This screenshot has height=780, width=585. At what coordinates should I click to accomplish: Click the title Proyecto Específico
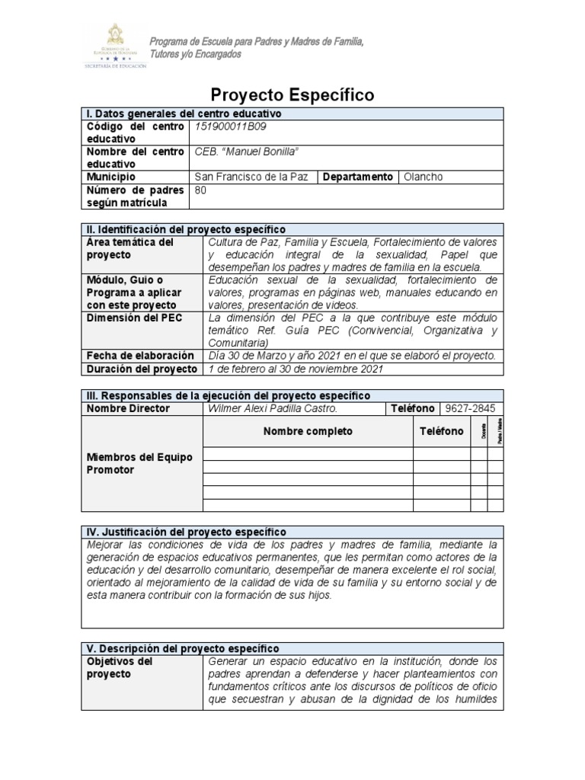[x=292, y=95]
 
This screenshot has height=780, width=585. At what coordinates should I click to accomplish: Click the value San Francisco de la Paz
[x=251, y=177]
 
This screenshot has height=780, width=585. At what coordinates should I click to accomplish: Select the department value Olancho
[x=423, y=177]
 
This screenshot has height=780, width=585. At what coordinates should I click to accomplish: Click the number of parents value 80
[x=202, y=190]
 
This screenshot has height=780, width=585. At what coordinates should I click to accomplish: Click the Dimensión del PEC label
[x=134, y=318]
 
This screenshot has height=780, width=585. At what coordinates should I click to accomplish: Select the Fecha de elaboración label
[x=140, y=356]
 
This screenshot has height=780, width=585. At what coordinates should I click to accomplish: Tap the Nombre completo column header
[x=308, y=431]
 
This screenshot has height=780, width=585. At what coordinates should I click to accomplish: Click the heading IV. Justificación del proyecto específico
[x=187, y=531]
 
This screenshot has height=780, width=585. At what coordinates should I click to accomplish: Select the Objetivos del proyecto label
[x=120, y=667]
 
